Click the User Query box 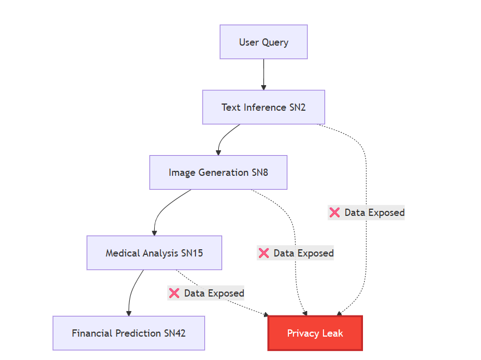[263, 42]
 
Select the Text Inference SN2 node [263, 107]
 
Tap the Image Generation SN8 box [218, 172]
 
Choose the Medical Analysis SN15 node [154, 253]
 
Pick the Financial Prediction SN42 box [129, 333]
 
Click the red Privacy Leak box [315, 333]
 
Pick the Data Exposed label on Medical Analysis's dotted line [214, 293]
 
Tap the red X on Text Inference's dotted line [335, 213]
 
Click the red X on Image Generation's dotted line [264, 253]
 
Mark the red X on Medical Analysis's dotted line [174, 293]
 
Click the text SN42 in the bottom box [174, 333]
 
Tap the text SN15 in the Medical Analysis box [192, 253]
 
